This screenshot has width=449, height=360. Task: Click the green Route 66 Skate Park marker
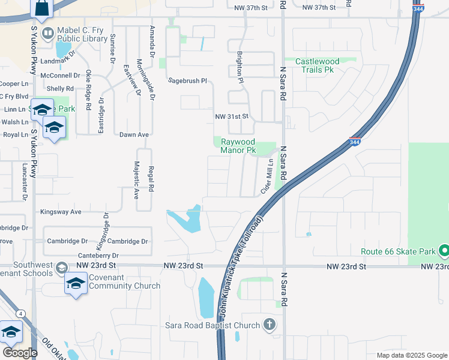(x=444, y=251)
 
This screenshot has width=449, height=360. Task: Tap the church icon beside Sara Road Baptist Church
(x=270, y=325)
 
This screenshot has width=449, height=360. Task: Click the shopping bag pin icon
(x=42, y=8)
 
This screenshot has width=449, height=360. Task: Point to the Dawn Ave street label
(x=134, y=135)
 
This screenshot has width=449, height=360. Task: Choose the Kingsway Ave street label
(x=61, y=212)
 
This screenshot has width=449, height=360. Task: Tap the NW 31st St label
(x=232, y=116)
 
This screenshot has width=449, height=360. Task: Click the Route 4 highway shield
(x=21, y=313)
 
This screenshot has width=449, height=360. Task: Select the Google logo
(x=20, y=353)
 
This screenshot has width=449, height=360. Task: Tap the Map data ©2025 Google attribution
(x=411, y=355)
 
